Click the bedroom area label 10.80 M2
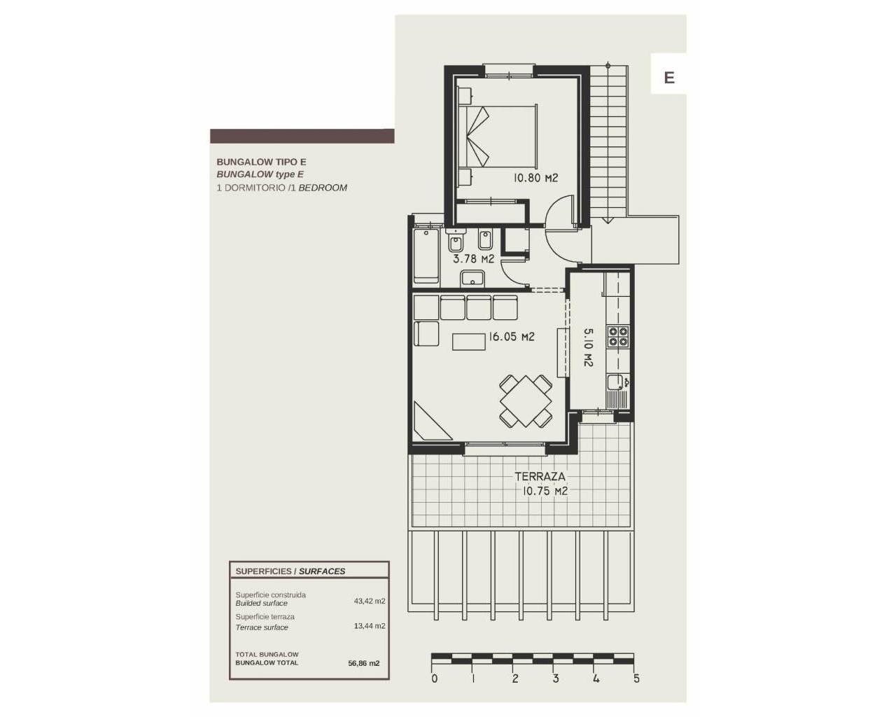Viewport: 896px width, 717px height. (535, 178)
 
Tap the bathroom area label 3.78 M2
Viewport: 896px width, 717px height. (473, 258)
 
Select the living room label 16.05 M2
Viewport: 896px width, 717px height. (511, 336)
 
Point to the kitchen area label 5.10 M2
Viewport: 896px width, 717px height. (588, 347)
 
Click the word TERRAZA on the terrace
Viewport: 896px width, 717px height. (540, 476)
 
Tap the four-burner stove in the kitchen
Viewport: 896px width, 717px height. (618, 337)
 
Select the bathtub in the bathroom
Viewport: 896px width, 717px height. (426, 256)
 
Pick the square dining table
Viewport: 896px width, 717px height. (526, 401)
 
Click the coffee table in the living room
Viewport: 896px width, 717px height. (469, 342)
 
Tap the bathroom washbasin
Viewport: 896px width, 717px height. (472, 279)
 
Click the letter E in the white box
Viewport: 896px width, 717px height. (669, 78)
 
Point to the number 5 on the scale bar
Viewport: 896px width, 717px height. (636, 678)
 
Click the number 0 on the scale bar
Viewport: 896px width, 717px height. (434, 678)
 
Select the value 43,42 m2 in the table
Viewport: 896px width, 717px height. (370, 601)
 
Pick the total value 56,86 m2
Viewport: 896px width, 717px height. (363, 663)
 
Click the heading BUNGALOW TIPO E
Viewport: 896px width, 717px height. (262, 162)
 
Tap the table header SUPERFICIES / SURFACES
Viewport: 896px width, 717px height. (290, 571)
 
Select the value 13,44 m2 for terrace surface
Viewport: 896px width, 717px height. (370, 626)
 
